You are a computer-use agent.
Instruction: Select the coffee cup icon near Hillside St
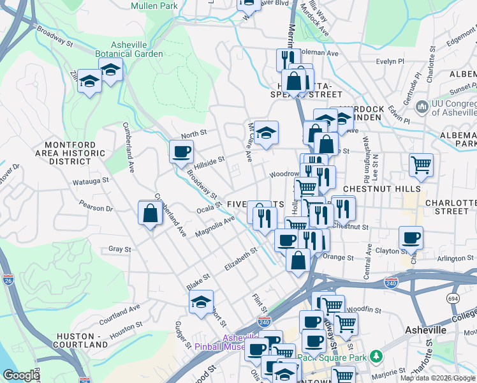(x=181, y=152)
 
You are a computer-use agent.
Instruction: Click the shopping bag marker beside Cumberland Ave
(x=150, y=213)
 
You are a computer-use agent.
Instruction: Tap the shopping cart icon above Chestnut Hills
(x=421, y=165)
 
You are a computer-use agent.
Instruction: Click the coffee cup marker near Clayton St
(x=411, y=237)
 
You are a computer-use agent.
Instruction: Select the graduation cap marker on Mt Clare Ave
(x=267, y=133)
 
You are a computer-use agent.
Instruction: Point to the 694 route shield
(x=453, y=298)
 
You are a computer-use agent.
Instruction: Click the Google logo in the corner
(x=21, y=375)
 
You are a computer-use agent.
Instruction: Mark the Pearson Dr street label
(x=96, y=207)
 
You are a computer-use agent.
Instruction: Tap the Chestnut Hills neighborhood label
(x=381, y=189)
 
